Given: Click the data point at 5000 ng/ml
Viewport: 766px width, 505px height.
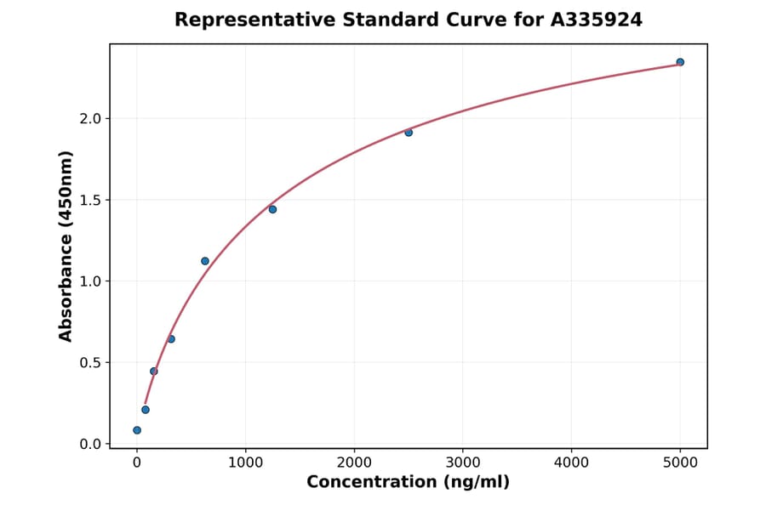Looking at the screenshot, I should click(680, 62).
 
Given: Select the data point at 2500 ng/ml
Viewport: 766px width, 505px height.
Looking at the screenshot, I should click(409, 133).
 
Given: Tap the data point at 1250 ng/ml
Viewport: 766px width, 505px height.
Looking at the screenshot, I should click(272, 209).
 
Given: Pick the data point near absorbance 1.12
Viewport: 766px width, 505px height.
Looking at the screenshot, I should click(205, 261).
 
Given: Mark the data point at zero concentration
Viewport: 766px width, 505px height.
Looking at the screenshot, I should click(137, 430).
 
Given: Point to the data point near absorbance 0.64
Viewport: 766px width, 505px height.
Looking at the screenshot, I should click(171, 339).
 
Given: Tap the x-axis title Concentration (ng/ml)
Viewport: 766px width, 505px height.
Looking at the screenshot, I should click(408, 483).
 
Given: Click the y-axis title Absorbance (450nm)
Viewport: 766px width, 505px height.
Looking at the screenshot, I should click(66, 246).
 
